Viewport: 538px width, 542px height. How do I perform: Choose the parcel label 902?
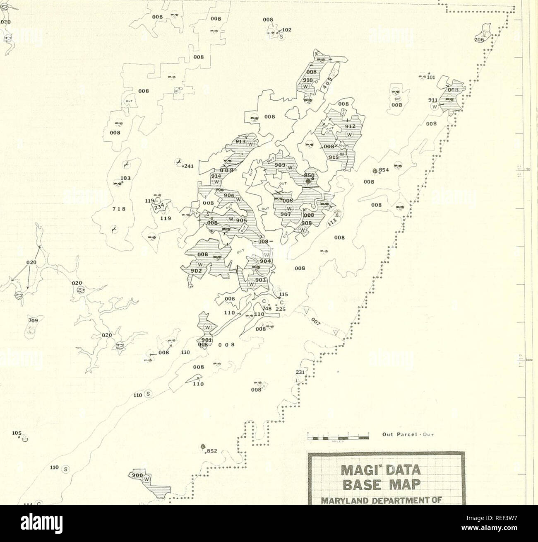tap(196, 270)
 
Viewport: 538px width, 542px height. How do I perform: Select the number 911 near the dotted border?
tap(434, 100)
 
